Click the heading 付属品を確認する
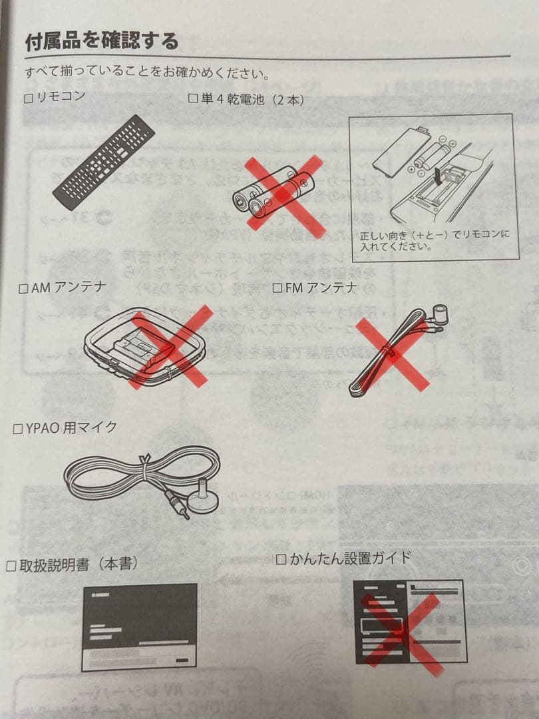(x=101, y=41)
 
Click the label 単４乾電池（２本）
(x=252, y=100)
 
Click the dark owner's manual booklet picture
(x=139, y=626)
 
